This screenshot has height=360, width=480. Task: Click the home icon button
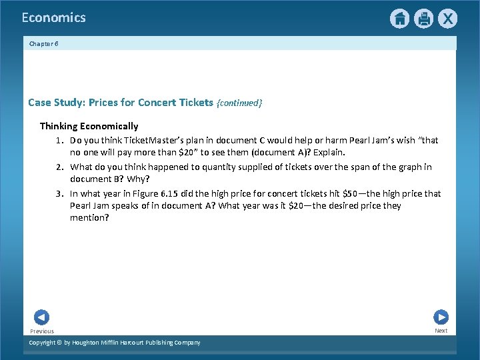coord(399,19)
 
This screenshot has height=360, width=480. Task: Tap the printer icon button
coord(423,19)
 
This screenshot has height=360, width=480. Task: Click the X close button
coord(447,19)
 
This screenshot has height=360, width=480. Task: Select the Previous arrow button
coord(41,317)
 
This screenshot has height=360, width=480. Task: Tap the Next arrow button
coord(441,317)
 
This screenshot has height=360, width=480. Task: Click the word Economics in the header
coord(53,18)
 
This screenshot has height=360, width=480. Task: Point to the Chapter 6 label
coord(44,43)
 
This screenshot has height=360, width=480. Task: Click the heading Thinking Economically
coord(89,126)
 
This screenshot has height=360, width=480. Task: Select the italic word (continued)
coord(239,103)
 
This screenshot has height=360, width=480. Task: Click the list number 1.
coord(59,141)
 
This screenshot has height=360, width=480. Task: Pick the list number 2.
coord(59,167)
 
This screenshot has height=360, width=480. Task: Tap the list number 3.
coord(59,194)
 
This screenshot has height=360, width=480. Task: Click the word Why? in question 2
coord(141,179)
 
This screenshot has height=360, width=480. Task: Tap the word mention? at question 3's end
coord(89,218)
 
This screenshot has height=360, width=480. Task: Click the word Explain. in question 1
coord(324,153)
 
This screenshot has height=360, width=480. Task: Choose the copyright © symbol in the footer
coord(59,343)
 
